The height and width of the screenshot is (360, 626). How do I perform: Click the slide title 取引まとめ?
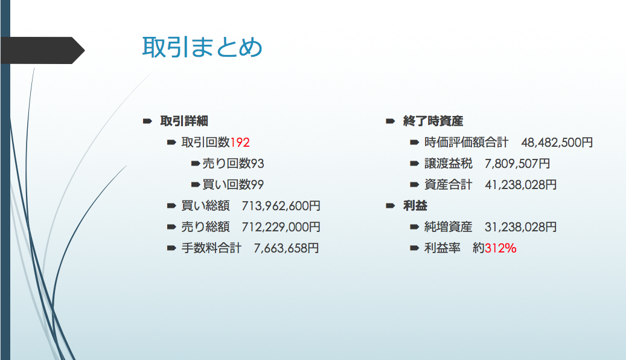(202, 47)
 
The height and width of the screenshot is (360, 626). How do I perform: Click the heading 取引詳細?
(184, 121)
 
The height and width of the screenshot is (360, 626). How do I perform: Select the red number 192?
(240, 142)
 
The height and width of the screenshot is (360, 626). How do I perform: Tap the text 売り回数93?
(233, 164)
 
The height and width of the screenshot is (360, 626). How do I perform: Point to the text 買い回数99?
(233, 185)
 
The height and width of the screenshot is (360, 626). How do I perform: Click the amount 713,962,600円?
(281, 206)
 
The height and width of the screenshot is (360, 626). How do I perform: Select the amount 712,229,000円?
(281, 227)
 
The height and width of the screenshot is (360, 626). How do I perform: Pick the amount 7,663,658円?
(286, 248)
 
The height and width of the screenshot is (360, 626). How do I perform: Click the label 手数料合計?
(212, 248)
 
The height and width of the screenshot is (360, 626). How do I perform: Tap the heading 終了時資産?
(433, 121)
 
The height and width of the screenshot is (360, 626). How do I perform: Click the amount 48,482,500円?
(557, 142)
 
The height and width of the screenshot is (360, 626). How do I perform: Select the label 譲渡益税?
(449, 164)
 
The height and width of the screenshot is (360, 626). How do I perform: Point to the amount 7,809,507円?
(517, 164)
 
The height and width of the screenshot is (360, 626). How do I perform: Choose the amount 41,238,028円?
(520, 185)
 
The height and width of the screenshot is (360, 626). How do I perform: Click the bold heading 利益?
(415, 206)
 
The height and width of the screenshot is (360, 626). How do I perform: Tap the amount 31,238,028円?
(520, 227)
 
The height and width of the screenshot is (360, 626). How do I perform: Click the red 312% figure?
(500, 248)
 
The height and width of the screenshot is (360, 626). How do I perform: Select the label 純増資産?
(449, 227)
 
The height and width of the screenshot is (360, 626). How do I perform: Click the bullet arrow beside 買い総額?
(171, 206)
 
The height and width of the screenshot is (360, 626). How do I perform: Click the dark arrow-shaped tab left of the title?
(42, 50)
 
